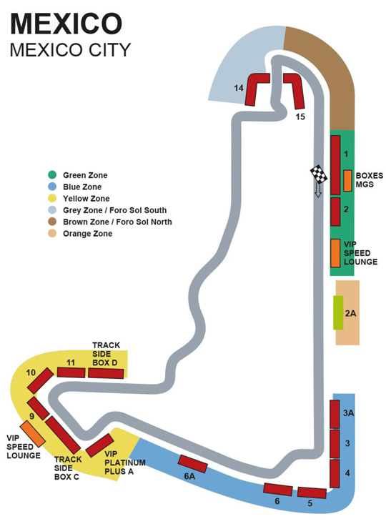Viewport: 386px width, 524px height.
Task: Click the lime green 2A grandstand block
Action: (x=338, y=312)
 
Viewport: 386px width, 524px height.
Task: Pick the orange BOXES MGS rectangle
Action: (x=348, y=180)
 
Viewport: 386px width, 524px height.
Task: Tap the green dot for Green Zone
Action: (x=52, y=174)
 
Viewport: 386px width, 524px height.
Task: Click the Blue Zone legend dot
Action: (x=52, y=187)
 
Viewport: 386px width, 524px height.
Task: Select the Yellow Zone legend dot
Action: (x=52, y=198)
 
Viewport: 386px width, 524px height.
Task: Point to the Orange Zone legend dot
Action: (x=52, y=233)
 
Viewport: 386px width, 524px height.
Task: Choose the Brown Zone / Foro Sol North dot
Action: (x=52, y=222)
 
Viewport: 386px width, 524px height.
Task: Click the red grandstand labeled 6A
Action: (x=192, y=463)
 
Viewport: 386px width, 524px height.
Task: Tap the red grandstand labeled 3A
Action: (x=334, y=414)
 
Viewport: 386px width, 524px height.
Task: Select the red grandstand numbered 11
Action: (x=71, y=372)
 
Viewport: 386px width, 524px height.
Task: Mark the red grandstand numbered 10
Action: (x=40, y=380)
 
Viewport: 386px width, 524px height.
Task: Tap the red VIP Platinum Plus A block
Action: (x=99, y=445)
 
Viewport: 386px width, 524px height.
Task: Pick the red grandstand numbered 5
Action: (x=312, y=493)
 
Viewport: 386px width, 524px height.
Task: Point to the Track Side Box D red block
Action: (x=106, y=372)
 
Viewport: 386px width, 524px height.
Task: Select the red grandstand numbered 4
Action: (x=334, y=473)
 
